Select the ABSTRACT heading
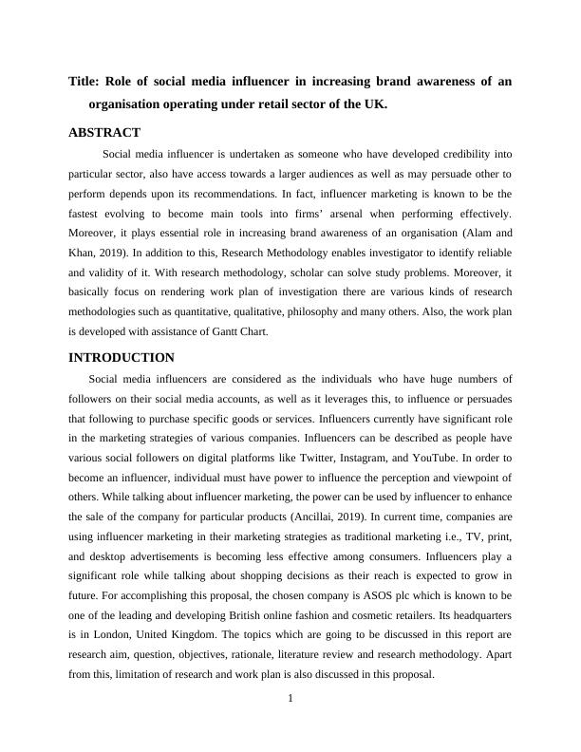click(104, 133)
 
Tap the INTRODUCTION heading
click(122, 358)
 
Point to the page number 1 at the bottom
click(290, 700)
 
